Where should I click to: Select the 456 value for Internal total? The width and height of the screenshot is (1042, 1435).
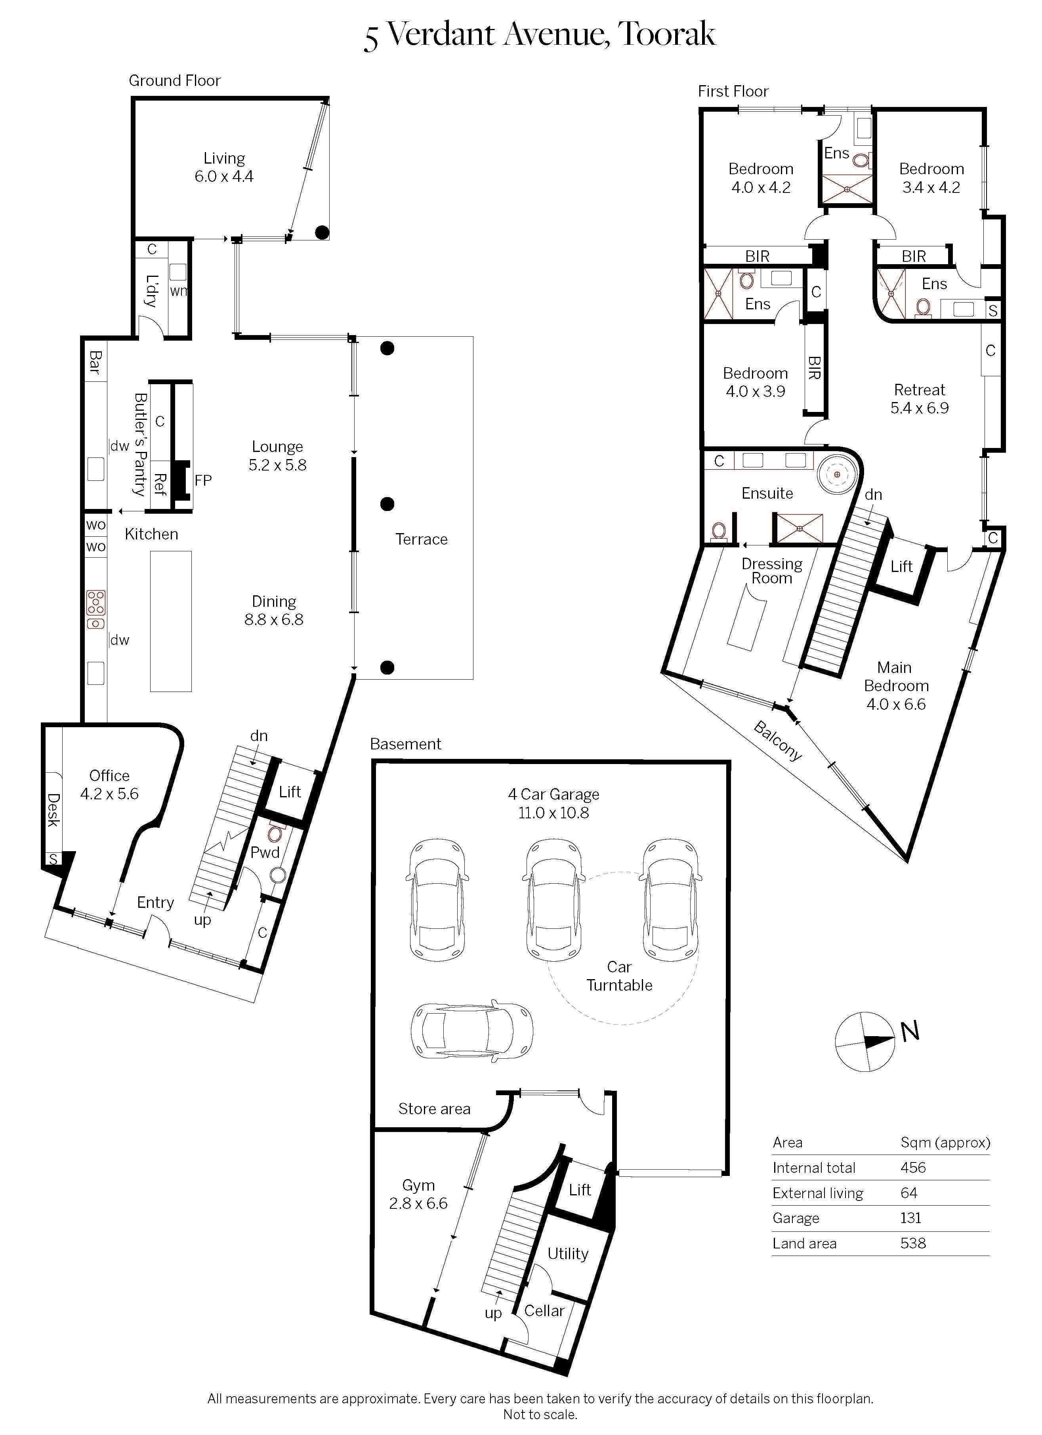(913, 1167)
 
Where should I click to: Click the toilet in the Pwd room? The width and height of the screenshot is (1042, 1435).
(275, 832)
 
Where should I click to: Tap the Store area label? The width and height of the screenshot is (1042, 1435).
(434, 1109)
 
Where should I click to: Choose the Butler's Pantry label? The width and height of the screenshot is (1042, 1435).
(140, 444)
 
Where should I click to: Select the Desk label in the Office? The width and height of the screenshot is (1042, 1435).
(53, 810)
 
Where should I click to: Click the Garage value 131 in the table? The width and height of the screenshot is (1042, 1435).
(911, 1218)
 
